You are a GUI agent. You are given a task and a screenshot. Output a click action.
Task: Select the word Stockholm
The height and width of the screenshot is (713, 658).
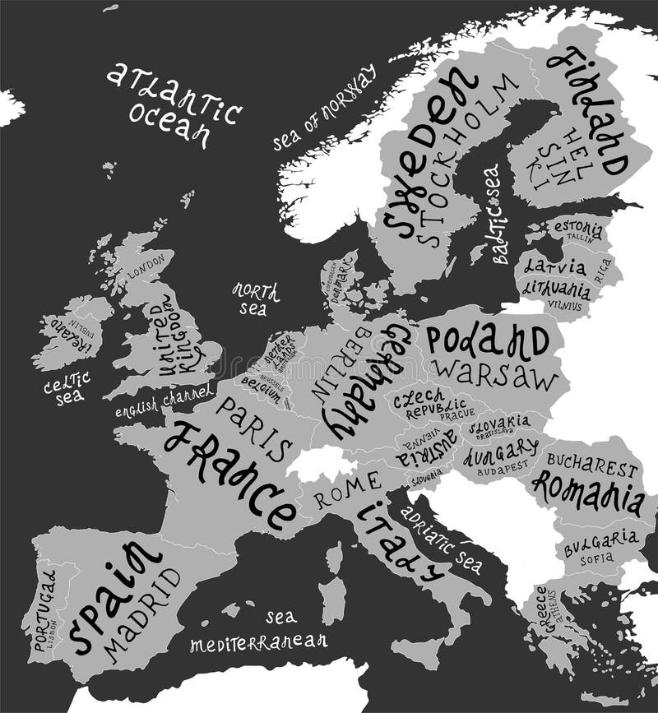pos(469,160)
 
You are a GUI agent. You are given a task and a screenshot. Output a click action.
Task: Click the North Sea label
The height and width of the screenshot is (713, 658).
pos(254,299)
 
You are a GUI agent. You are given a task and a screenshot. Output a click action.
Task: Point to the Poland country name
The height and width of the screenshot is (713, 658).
pos(487,339)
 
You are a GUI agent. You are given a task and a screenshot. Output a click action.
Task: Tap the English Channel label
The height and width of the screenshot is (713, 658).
pos(163,402)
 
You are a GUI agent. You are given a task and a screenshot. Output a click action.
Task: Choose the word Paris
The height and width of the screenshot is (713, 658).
pos(255,428)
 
